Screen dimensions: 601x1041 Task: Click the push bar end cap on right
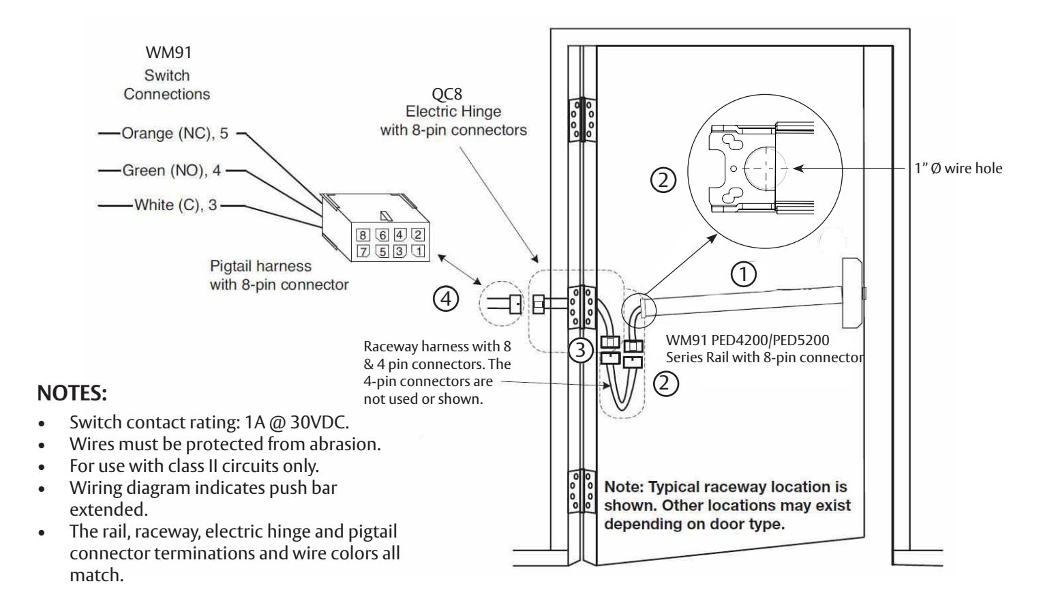(854, 293)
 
